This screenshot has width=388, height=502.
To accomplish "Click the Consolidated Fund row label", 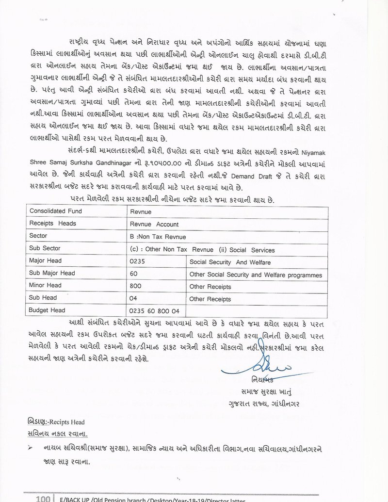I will (56, 211).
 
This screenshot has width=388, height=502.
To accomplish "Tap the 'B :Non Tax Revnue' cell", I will (158, 237).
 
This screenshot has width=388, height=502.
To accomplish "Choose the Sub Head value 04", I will (134, 300).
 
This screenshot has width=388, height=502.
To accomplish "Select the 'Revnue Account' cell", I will (154, 225).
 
